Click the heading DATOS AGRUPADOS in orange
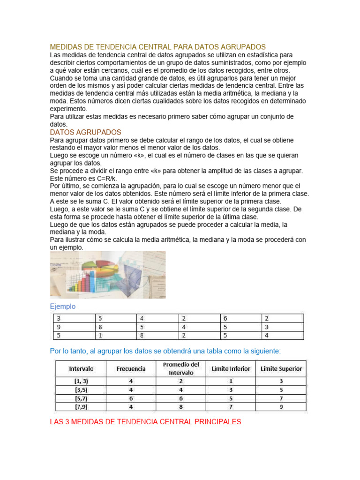pyautogui.click(x=85, y=133)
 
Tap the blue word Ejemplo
pyautogui.click(x=62, y=307)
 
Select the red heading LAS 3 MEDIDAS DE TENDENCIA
pyautogui.click(x=145, y=422)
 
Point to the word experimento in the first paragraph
pyautogui.click(x=68, y=109)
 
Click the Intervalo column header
pyautogui.click(x=81, y=368)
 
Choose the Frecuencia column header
pyautogui.click(x=131, y=368)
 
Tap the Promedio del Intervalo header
pyautogui.click(x=181, y=368)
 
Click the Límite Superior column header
pyautogui.click(x=281, y=368)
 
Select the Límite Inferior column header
pyautogui.click(x=231, y=368)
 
